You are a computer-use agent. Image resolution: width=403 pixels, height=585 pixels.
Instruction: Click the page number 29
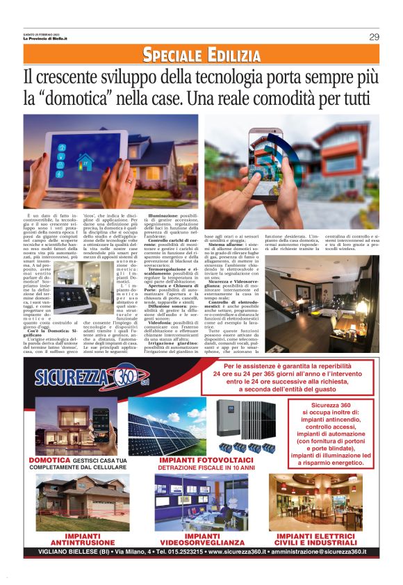point(373,37)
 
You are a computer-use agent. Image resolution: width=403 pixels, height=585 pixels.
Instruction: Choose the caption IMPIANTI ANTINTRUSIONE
point(72,540)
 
